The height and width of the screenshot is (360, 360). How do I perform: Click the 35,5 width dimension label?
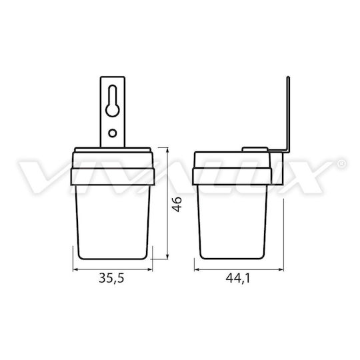pos(111,278)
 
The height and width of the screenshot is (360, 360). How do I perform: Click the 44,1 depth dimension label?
pos(238,278)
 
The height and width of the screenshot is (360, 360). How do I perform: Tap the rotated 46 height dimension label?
pos(177,205)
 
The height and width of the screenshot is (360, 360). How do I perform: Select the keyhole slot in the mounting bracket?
pos(113,101)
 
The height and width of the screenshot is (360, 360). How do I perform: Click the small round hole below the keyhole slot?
pos(113,133)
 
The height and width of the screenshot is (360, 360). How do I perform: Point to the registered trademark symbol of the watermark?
pos(341,164)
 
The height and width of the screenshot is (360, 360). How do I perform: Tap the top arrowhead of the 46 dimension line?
pos(167,151)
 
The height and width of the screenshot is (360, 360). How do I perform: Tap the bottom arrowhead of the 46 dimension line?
pos(167,257)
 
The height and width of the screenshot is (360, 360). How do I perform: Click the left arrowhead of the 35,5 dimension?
pos(76,269)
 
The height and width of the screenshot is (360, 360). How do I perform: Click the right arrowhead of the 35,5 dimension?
pos(150,269)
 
